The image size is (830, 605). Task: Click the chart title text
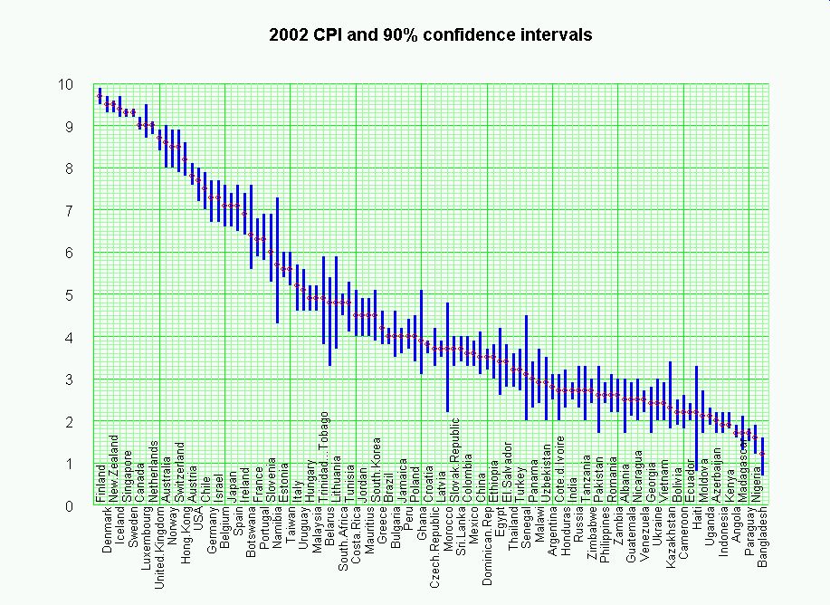pyautogui.click(x=431, y=35)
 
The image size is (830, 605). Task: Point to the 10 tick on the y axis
pyautogui.click(x=65, y=84)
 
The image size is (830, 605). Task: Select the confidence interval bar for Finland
pyautogui.click(x=100, y=95)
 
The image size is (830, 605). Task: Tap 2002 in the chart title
pyautogui.click(x=289, y=35)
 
